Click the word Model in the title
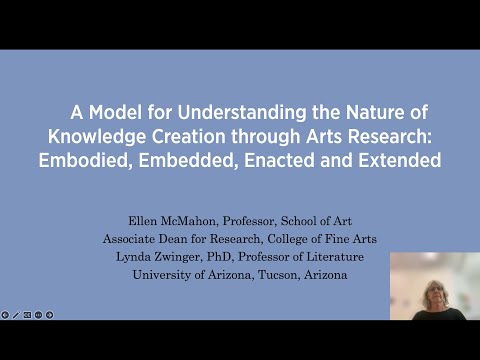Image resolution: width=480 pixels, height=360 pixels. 105,113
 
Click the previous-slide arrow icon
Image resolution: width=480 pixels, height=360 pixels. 5,315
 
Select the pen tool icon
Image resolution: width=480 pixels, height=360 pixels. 16,315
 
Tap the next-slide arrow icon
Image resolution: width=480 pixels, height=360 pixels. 50,315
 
